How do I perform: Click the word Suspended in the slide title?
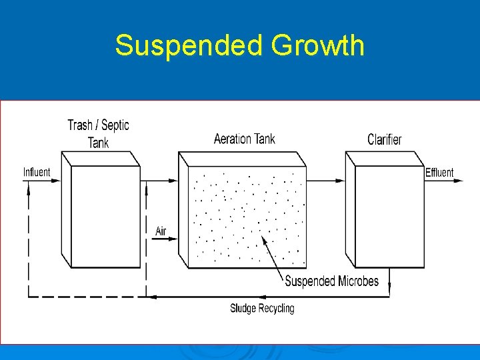click(x=189, y=46)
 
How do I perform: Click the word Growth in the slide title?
click(x=317, y=46)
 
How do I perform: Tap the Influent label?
click(x=37, y=172)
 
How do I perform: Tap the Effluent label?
click(x=439, y=173)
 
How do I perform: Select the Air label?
click(x=161, y=231)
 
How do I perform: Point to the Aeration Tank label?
click(x=244, y=139)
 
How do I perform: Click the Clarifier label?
click(x=385, y=139)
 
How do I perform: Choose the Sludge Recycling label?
click(x=262, y=308)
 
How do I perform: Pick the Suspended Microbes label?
click(x=331, y=281)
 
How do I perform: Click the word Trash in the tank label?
click(x=80, y=125)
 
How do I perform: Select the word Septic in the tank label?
click(x=115, y=125)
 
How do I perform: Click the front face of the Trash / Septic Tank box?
click(x=105, y=217)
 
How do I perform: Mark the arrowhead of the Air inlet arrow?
click(x=175, y=239)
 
